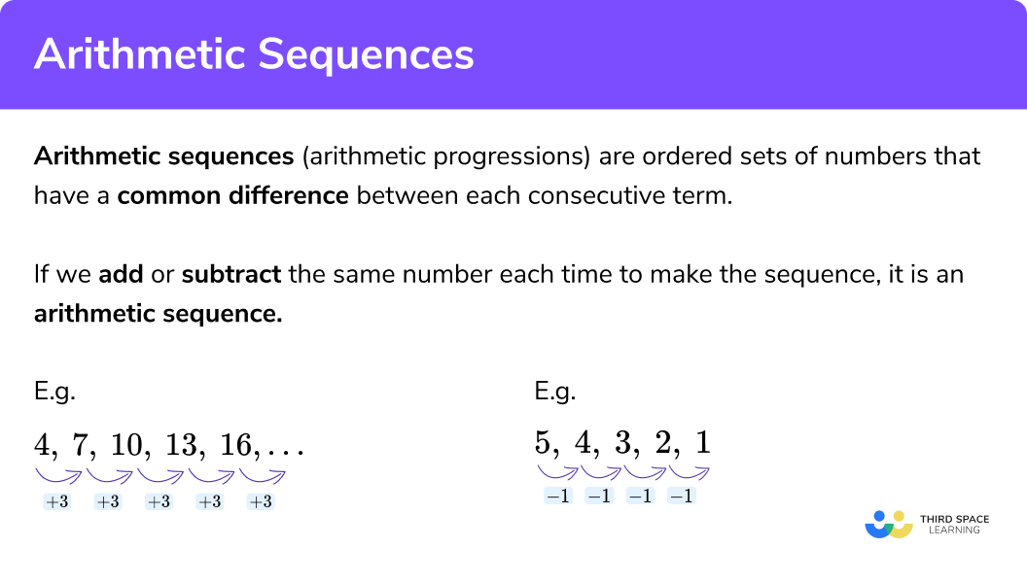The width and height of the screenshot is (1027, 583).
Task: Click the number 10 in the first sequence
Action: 126,445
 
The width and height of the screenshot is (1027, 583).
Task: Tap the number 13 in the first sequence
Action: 180,445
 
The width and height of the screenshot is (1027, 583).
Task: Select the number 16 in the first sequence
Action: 234,445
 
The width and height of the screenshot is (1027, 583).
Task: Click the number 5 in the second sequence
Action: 543,443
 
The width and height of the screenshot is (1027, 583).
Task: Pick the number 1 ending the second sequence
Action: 703,443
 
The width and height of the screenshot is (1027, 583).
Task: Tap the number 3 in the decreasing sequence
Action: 623,443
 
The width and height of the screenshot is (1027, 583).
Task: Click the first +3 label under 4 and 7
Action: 56,502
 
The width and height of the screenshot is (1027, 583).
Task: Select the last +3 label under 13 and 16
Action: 260,502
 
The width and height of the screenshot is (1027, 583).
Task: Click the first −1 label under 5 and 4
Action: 558,497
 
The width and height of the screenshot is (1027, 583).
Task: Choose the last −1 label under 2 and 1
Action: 682,497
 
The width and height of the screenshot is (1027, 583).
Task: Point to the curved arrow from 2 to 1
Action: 688,472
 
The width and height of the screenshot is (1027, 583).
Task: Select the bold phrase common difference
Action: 232,195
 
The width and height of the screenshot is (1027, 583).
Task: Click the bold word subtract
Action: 231,274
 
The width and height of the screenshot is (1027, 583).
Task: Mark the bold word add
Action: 122,274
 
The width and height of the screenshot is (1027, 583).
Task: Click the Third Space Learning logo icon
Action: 888,525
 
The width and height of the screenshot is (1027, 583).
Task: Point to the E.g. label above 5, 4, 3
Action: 554,393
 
